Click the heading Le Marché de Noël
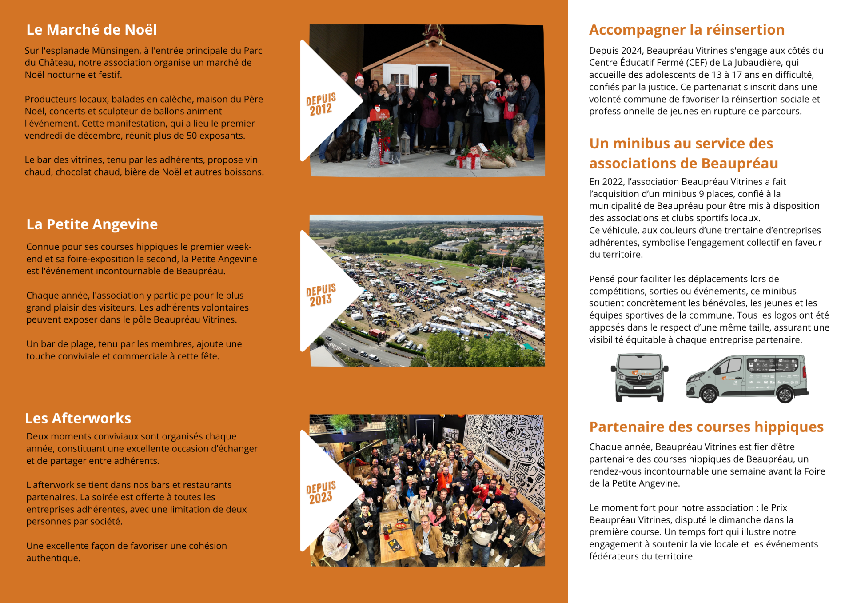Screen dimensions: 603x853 pyautogui.click(x=92, y=30)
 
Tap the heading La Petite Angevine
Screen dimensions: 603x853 pyautogui.click(x=92, y=224)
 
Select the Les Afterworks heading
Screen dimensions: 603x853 pyautogui.click(x=78, y=419)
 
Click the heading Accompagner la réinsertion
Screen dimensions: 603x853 pyautogui.click(x=686, y=30)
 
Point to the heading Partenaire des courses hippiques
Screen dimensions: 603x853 pyautogui.click(x=706, y=427)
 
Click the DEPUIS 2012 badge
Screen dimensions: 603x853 pyautogui.click(x=321, y=104)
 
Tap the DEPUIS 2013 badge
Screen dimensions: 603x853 pyautogui.click(x=321, y=295)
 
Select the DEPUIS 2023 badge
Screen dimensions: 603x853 pyautogui.click(x=321, y=492)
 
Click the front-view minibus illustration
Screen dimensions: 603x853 pyautogui.click(x=639, y=377)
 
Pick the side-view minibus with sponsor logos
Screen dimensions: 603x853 pyautogui.click(x=747, y=379)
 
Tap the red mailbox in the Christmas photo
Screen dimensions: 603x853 pyautogui.click(x=379, y=115)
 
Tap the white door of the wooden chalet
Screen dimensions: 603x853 pyautogui.click(x=399, y=80)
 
